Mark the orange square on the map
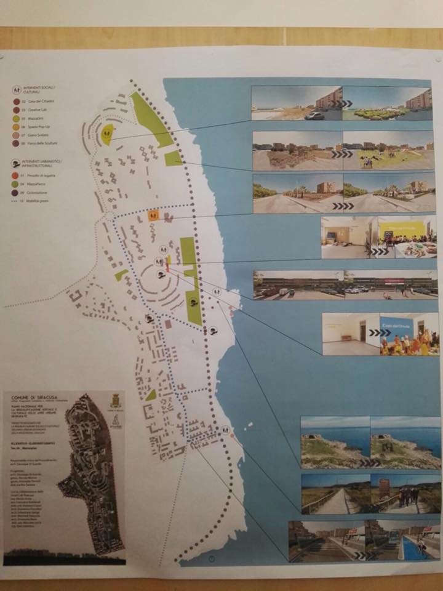(154, 215)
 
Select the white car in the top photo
(314, 115)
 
